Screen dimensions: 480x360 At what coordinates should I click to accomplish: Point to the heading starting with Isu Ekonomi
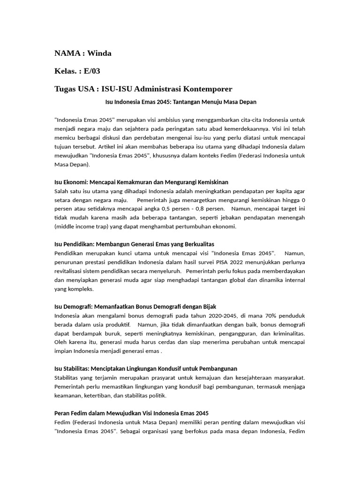141,181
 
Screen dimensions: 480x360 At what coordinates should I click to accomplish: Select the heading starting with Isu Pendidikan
134,244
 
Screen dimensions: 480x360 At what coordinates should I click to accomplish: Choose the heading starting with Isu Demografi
135,307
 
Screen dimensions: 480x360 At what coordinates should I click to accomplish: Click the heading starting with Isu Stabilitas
146,369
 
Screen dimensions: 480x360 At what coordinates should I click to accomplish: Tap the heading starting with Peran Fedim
131,413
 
